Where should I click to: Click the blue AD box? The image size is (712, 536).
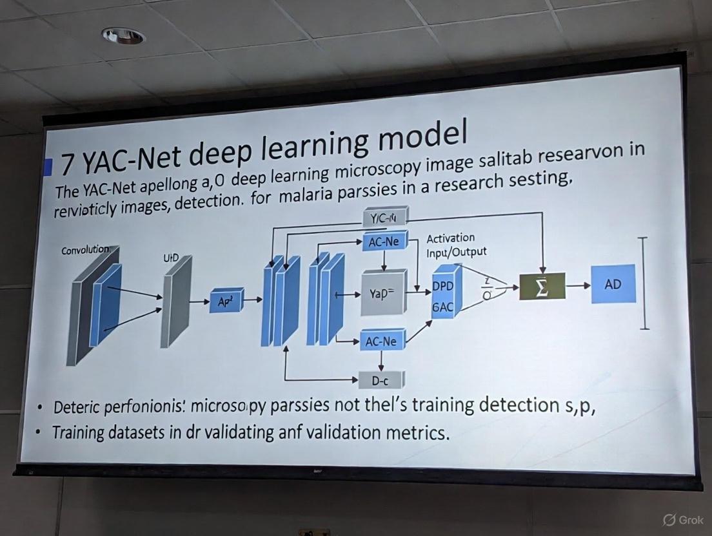(x=613, y=284)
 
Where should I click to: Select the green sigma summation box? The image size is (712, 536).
(x=542, y=286)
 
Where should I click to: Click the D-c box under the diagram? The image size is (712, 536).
(x=380, y=380)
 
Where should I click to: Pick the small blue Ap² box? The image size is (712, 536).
(x=226, y=300)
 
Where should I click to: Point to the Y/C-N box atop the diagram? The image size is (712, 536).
(x=385, y=218)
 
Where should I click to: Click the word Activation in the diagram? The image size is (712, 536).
(x=451, y=238)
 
